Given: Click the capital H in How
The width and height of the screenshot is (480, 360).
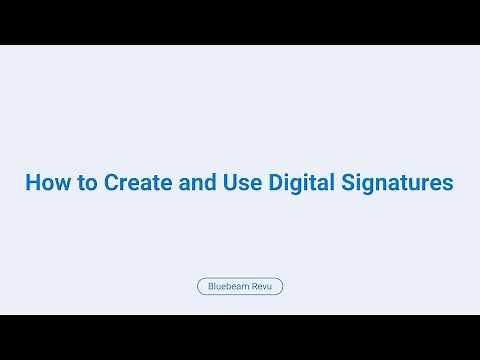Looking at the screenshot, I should [32, 184].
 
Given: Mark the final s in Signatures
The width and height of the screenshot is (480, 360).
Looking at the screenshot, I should [449, 185].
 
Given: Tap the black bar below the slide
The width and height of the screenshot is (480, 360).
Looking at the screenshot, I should [240, 337].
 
